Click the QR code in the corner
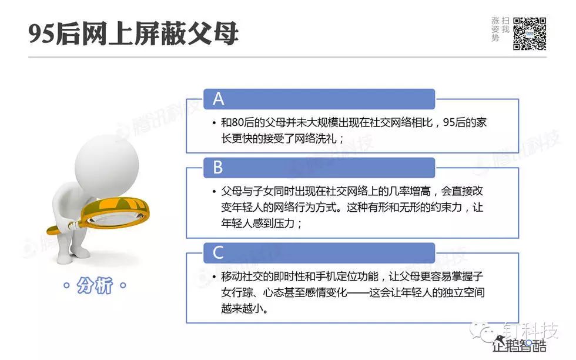pyautogui.click(x=530, y=34)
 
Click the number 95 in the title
pyautogui.click(x=42, y=34)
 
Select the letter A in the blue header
pyautogui.click(x=218, y=99)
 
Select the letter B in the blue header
pyautogui.click(x=218, y=167)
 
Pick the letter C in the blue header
pyautogui.click(x=218, y=252)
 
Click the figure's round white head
pyautogui.click(x=107, y=163)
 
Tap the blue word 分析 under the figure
pyautogui.click(x=95, y=285)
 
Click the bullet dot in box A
pyautogui.click(x=214, y=123)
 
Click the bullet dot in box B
pyautogui.click(x=214, y=192)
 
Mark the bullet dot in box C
pyautogui.click(x=214, y=277)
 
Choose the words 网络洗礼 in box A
pyautogui.click(x=316, y=139)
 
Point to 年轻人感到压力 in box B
pyautogui.click(x=258, y=224)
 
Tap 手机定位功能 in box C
pyautogui.click(x=347, y=276)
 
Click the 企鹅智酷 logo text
pyautogui.click(x=520, y=346)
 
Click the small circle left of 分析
pyautogui.click(x=66, y=285)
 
